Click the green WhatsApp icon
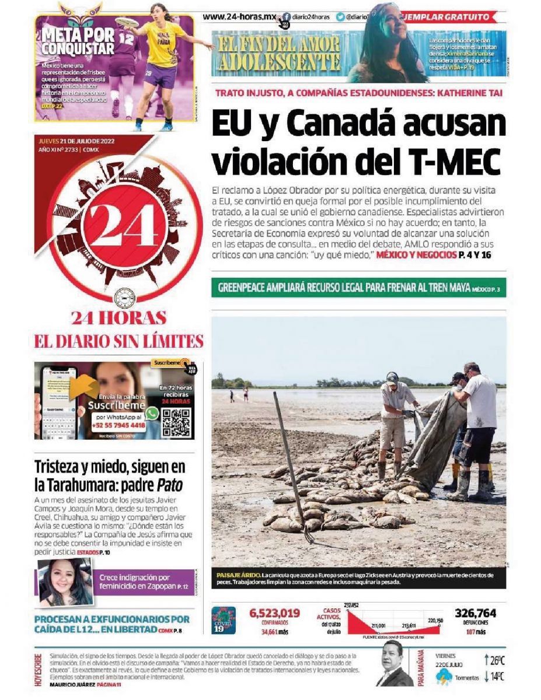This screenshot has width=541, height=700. click(x=152, y=413)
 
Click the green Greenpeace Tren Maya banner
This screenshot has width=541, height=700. click(x=358, y=288)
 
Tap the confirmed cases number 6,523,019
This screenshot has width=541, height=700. click(x=274, y=613)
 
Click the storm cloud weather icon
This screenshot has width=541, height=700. click(x=444, y=677)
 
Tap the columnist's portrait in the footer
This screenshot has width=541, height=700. click(x=394, y=665)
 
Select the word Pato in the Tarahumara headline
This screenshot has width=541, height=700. click(x=170, y=485)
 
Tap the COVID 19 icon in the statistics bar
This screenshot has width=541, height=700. click(x=224, y=620)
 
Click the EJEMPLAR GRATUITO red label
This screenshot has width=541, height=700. click(x=456, y=17)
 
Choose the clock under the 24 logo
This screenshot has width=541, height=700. click(x=124, y=299)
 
